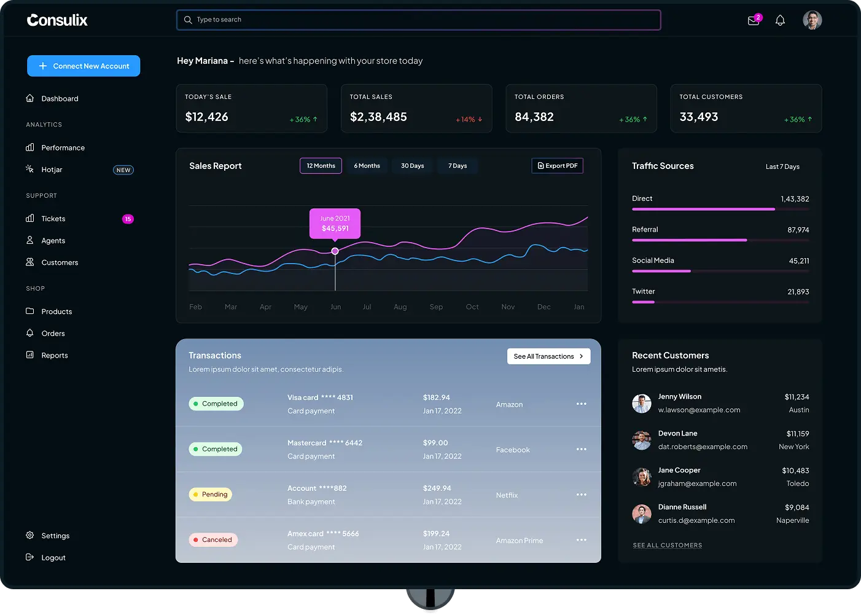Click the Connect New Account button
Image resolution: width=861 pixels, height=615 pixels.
click(84, 66)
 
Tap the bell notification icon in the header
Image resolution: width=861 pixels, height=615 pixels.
click(780, 20)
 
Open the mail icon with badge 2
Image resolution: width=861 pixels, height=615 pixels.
click(754, 20)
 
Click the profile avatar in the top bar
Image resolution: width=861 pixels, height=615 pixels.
click(812, 20)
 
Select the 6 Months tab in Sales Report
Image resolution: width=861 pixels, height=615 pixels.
click(367, 166)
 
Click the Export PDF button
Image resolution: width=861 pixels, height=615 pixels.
click(558, 166)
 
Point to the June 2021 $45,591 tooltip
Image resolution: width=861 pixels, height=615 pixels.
click(335, 224)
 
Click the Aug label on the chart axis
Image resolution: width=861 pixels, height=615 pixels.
click(400, 307)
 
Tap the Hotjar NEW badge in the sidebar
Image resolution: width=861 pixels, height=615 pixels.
click(123, 170)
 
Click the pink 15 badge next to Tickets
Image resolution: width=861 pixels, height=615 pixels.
click(128, 219)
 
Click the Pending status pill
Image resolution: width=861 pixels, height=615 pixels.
click(210, 494)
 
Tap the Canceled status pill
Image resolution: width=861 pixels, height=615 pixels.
click(213, 539)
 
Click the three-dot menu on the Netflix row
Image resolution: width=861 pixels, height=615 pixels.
click(581, 494)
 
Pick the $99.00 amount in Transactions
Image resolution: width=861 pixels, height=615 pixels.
click(435, 443)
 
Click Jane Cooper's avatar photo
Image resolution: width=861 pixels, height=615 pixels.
click(642, 477)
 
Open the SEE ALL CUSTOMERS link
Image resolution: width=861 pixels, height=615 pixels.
click(668, 545)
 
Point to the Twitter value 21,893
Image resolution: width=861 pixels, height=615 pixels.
click(798, 292)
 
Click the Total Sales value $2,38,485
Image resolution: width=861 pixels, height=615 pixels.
click(378, 117)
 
